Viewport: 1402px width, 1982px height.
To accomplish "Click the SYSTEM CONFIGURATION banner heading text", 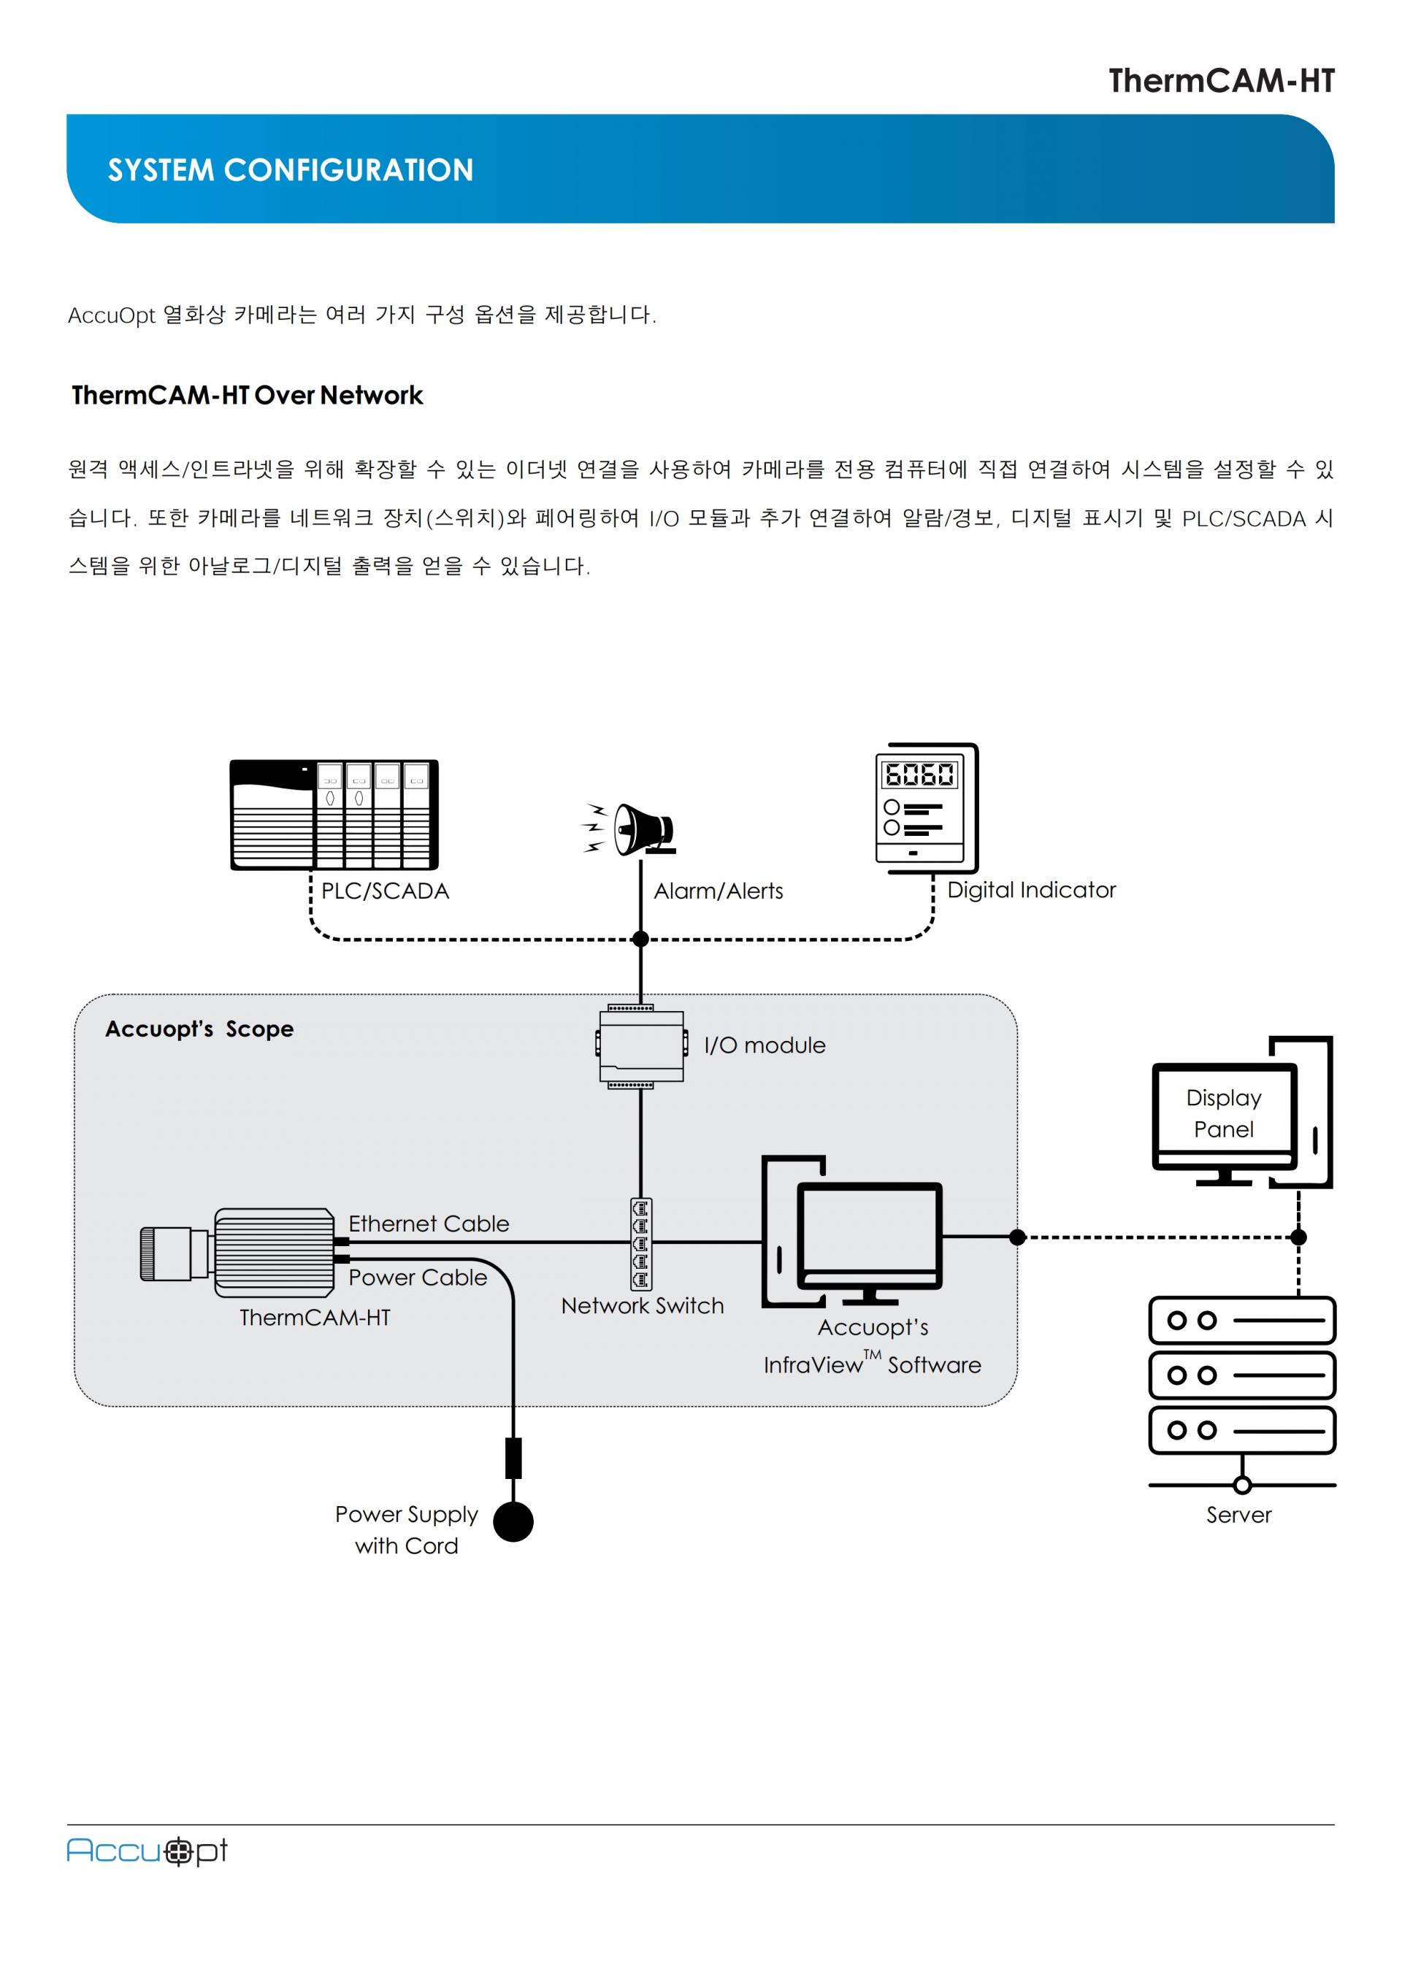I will [x=290, y=170].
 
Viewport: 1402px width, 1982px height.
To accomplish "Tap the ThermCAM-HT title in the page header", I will [x=1221, y=81].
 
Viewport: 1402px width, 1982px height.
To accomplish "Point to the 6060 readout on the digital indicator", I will [x=919, y=774].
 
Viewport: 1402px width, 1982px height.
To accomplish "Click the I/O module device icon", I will [x=640, y=1045].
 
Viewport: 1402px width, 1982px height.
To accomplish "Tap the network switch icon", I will [x=640, y=1243].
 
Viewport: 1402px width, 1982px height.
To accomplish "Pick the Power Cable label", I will [x=418, y=1278].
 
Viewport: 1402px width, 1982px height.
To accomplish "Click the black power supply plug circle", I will [x=513, y=1521].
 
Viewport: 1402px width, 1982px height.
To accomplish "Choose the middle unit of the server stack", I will [x=1241, y=1375].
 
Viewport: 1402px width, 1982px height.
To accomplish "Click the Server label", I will [x=1239, y=1515].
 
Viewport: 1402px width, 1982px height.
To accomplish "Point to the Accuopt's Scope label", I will [x=199, y=1029].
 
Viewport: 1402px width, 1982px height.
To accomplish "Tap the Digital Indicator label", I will [x=1031, y=890].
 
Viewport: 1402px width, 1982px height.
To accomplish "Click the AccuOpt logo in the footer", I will [x=147, y=1851].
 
